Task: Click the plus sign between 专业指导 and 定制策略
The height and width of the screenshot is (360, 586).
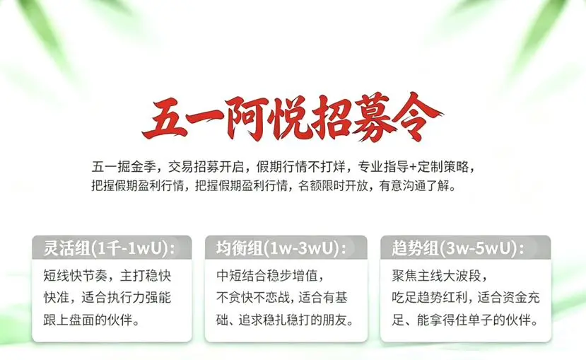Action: pos(413,167)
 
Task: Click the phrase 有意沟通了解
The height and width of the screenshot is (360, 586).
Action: pos(414,186)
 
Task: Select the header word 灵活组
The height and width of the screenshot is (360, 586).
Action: pos(66,248)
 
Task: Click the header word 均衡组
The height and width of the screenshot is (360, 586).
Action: pos(239,248)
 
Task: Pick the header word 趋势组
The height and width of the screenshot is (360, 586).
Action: pos(415,248)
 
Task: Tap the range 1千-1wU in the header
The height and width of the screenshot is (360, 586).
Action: pos(129,248)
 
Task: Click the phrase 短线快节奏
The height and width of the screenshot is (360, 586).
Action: pos(75,276)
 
